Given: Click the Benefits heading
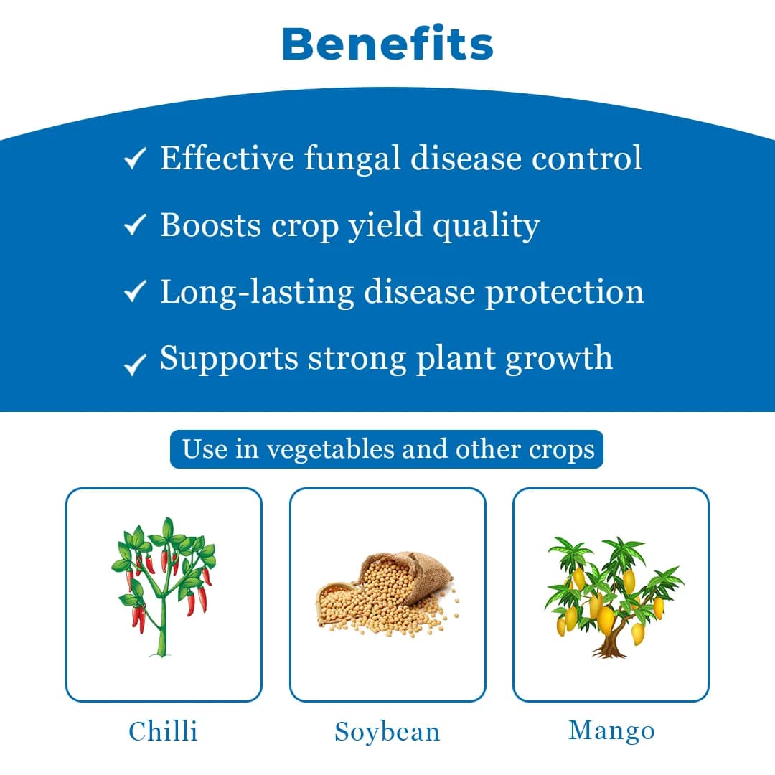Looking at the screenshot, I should click(x=387, y=44).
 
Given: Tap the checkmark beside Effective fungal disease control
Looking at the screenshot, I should click(x=135, y=159).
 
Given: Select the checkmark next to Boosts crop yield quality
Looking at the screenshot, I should click(x=135, y=225).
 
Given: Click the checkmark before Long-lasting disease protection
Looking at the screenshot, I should click(x=135, y=292).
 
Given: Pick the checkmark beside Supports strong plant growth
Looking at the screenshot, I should click(x=135, y=364).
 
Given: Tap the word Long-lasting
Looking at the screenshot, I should click(x=257, y=292).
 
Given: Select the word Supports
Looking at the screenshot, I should click(x=229, y=358).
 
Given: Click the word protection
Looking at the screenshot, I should click(x=564, y=293).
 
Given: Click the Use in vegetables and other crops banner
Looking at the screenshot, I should click(x=387, y=449).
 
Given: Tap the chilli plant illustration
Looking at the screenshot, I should click(x=164, y=585).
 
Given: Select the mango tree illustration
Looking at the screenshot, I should click(x=611, y=596).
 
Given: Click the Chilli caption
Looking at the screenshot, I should click(x=163, y=731).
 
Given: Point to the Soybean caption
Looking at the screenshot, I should click(x=387, y=732).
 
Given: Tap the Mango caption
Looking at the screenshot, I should click(x=611, y=731).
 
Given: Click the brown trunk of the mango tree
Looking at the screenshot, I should click(x=610, y=642).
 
